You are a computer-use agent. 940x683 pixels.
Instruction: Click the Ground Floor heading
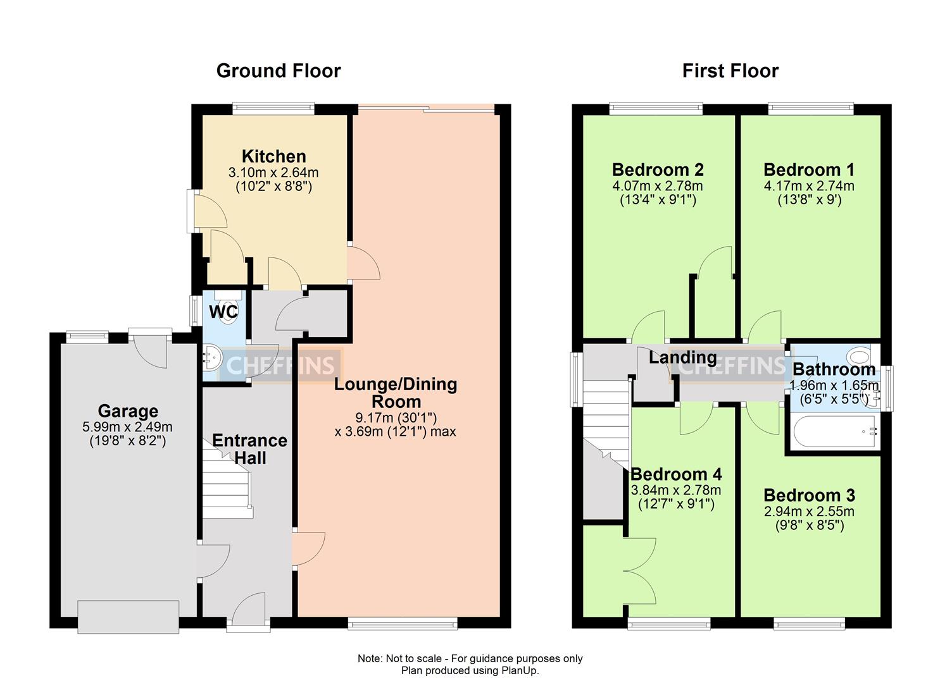[279, 71]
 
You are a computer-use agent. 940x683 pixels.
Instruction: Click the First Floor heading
[730, 71]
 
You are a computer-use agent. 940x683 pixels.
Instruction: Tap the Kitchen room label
[274, 156]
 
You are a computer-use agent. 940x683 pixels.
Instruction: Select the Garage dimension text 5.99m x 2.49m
[127, 428]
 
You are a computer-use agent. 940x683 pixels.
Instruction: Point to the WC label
[223, 312]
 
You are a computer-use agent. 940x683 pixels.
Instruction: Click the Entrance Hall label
[249, 449]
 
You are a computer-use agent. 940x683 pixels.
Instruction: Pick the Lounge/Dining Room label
[396, 393]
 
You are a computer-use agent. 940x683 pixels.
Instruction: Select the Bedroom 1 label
[809, 170]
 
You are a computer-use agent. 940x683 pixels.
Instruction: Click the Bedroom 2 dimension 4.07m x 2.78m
[658, 186]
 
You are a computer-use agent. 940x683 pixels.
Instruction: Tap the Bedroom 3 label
[809, 495]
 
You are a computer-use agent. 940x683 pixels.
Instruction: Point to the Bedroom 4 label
[676, 474]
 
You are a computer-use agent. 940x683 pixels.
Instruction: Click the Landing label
[683, 358]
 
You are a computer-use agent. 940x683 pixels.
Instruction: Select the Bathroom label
[834, 369]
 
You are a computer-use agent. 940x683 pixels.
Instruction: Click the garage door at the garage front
[128, 617]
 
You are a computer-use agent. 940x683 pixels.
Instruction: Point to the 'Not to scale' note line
[470, 658]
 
